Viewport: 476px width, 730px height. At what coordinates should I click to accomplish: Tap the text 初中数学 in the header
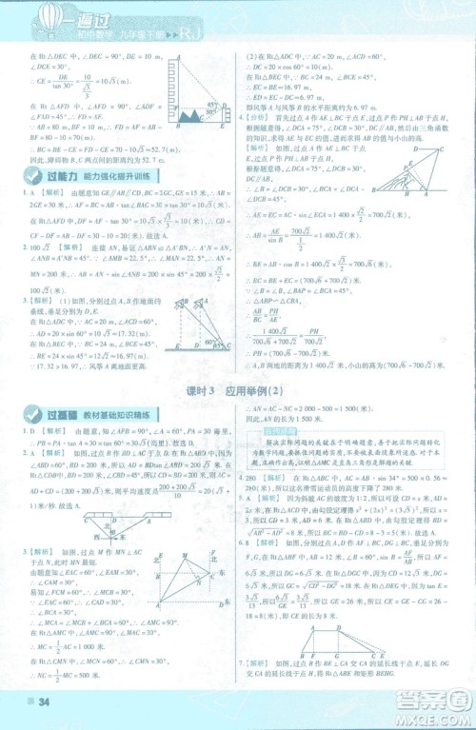(106, 35)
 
